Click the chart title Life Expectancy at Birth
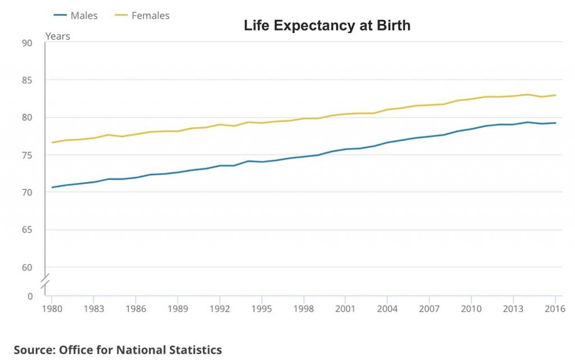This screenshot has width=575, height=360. click(327, 25)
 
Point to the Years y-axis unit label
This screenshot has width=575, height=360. click(57, 36)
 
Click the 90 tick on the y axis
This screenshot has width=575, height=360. click(27, 43)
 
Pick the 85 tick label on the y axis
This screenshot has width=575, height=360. click(27, 80)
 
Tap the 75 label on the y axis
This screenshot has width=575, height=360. click(27, 155)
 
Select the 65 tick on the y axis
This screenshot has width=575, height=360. click(27, 230)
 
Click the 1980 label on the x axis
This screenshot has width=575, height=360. click(51, 308)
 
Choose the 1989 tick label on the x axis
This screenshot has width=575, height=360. click(177, 308)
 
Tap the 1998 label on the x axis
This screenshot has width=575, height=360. click(303, 308)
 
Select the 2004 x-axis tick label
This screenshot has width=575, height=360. click(387, 308)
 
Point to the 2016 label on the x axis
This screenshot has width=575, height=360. click(555, 308)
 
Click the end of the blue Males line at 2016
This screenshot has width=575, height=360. click(555, 123)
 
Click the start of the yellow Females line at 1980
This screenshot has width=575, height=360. click(52, 142)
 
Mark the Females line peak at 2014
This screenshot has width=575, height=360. click(527, 94)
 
